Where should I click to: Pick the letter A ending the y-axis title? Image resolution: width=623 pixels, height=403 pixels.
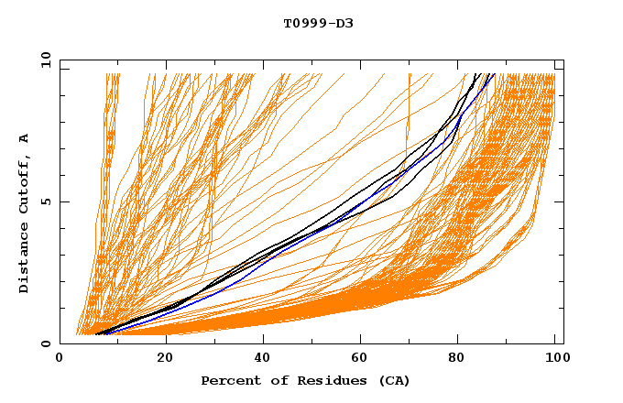coord(25,137)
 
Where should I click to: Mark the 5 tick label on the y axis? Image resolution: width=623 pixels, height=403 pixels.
coord(46,201)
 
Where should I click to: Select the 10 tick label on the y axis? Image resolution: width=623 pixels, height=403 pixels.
coord(43,60)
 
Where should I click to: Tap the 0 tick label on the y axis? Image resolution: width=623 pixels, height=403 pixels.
coord(46,343)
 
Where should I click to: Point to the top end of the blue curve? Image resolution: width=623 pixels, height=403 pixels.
coord(493,74)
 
